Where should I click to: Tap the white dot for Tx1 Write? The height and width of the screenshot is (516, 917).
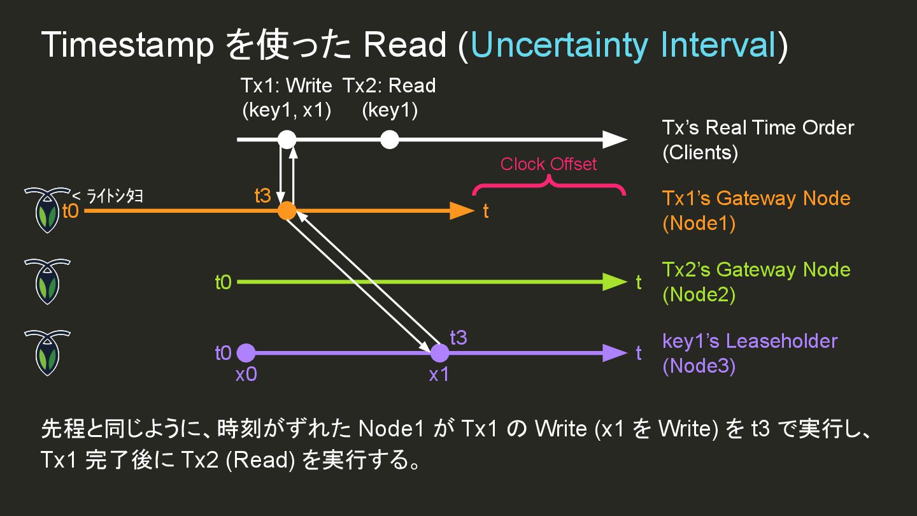click(x=287, y=139)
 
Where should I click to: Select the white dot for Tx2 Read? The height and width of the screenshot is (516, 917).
click(x=390, y=139)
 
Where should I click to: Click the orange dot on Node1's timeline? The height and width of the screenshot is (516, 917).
click(x=287, y=210)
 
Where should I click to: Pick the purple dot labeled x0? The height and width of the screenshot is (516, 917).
click(x=246, y=352)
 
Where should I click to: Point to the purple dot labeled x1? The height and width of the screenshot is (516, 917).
click(x=439, y=352)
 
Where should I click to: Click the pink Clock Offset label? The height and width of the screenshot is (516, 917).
click(x=548, y=164)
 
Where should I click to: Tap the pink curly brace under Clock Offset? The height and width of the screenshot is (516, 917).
click(x=548, y=185)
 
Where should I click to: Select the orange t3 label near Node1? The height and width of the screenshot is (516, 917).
click(x=262, y=196)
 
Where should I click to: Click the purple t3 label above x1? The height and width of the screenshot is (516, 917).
click(x=458, y=338)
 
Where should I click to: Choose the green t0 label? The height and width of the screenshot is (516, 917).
click(x=223, y=282)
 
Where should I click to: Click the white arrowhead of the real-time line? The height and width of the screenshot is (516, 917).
click(x=615, y=139)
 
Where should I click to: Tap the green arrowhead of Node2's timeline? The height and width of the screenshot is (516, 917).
click(x=615, y=282)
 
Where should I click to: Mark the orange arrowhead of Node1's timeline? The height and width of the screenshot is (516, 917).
click(x=462, y=210)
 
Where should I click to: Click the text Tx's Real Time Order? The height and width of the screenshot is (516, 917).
click(x=758, y=127)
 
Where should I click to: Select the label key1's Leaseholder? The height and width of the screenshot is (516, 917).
click(x=750, y=341)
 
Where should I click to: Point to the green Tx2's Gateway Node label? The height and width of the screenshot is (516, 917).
click(x=756, y=269)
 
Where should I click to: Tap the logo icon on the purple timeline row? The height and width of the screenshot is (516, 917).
click(x=46, y=353)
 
